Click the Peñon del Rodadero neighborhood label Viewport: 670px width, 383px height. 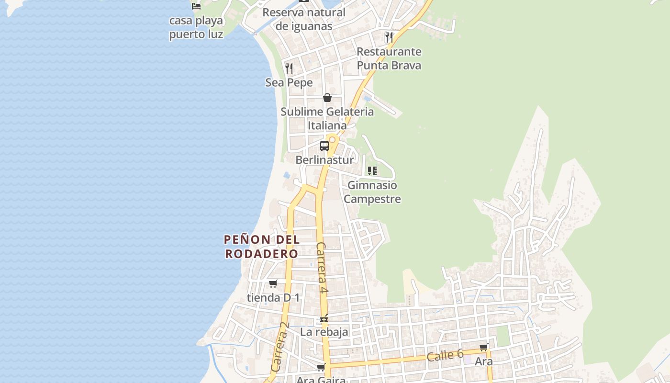pos(261,247)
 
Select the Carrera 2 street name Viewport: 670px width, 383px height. pos(280,347)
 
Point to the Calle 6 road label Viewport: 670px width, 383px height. pos(445,355)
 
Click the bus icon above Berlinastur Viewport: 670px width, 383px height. pos(324,146)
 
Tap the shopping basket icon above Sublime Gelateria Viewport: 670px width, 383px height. pos(327,98)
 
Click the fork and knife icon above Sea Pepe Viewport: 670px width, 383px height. pos(289,68)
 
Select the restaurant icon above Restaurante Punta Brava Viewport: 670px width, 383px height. pos(389,37)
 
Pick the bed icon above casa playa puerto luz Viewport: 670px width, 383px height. pos(196,6)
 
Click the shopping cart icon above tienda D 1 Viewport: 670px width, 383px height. pos(273,283)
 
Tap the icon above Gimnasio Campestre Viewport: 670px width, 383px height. pos(372,170)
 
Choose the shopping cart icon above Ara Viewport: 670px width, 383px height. pos(484,347)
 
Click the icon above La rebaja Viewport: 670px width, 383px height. pos(324,318)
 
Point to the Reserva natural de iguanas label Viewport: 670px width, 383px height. pos(304,19)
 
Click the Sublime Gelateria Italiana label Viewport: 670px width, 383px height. pos(327,118)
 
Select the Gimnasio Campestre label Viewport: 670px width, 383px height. pos(372,191)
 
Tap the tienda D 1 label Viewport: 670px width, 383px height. pos(273,297)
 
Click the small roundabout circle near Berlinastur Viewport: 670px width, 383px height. pos(332,139)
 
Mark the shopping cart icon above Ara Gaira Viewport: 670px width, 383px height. pos(321,367)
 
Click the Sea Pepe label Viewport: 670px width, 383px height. pos(289,82)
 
